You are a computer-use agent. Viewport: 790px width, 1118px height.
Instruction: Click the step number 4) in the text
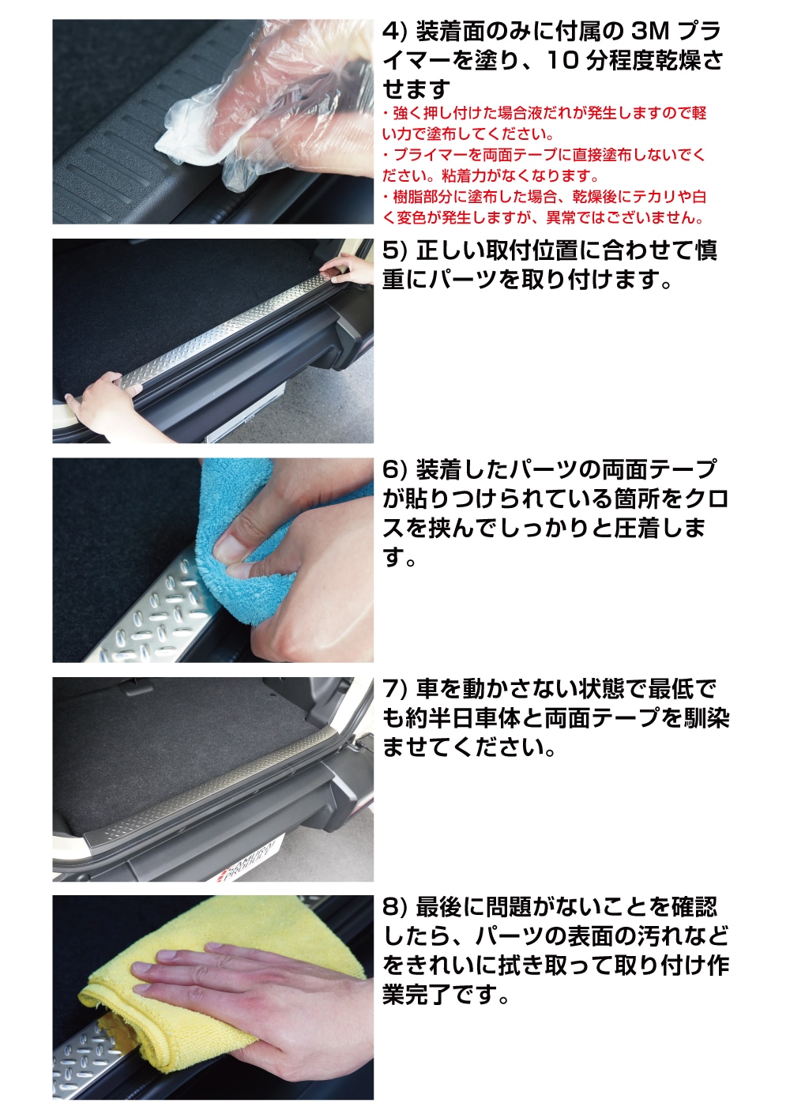point(394,32)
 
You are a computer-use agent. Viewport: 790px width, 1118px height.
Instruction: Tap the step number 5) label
point(394,251)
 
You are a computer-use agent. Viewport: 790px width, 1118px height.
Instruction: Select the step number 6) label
point(394,470)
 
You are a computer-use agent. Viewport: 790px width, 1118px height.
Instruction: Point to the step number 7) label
point(394,689)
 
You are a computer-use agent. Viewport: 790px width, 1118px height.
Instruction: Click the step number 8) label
point(394,908)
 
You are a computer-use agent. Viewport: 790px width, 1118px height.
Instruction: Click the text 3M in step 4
point(650,32)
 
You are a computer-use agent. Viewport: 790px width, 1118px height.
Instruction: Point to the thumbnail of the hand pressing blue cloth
point(213,560)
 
